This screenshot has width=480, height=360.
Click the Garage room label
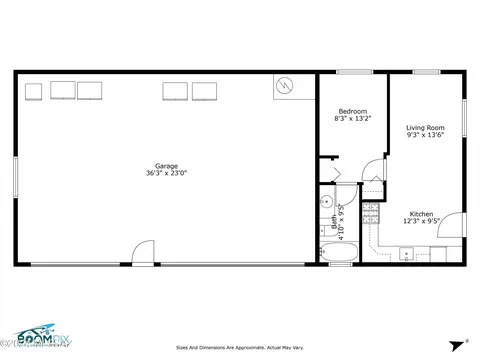pos(166,165)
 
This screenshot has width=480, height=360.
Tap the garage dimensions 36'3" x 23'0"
pos(166,174)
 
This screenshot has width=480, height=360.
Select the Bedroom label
pos(352,111)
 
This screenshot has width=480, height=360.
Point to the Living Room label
pos(425,128)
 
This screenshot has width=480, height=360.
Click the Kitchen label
pos(420,214)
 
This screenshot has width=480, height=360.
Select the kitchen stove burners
pos(370,212)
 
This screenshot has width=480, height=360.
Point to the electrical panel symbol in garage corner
pos(284,87)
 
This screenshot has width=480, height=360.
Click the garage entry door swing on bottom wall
pos(145,257)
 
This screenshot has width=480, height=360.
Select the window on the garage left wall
pos(15,180)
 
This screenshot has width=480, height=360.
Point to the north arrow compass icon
pos(462,340)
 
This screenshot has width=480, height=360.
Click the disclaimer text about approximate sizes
pos(239,348)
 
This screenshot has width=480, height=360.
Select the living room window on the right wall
pos(465,120)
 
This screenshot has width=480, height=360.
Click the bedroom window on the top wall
pos(353,72)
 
